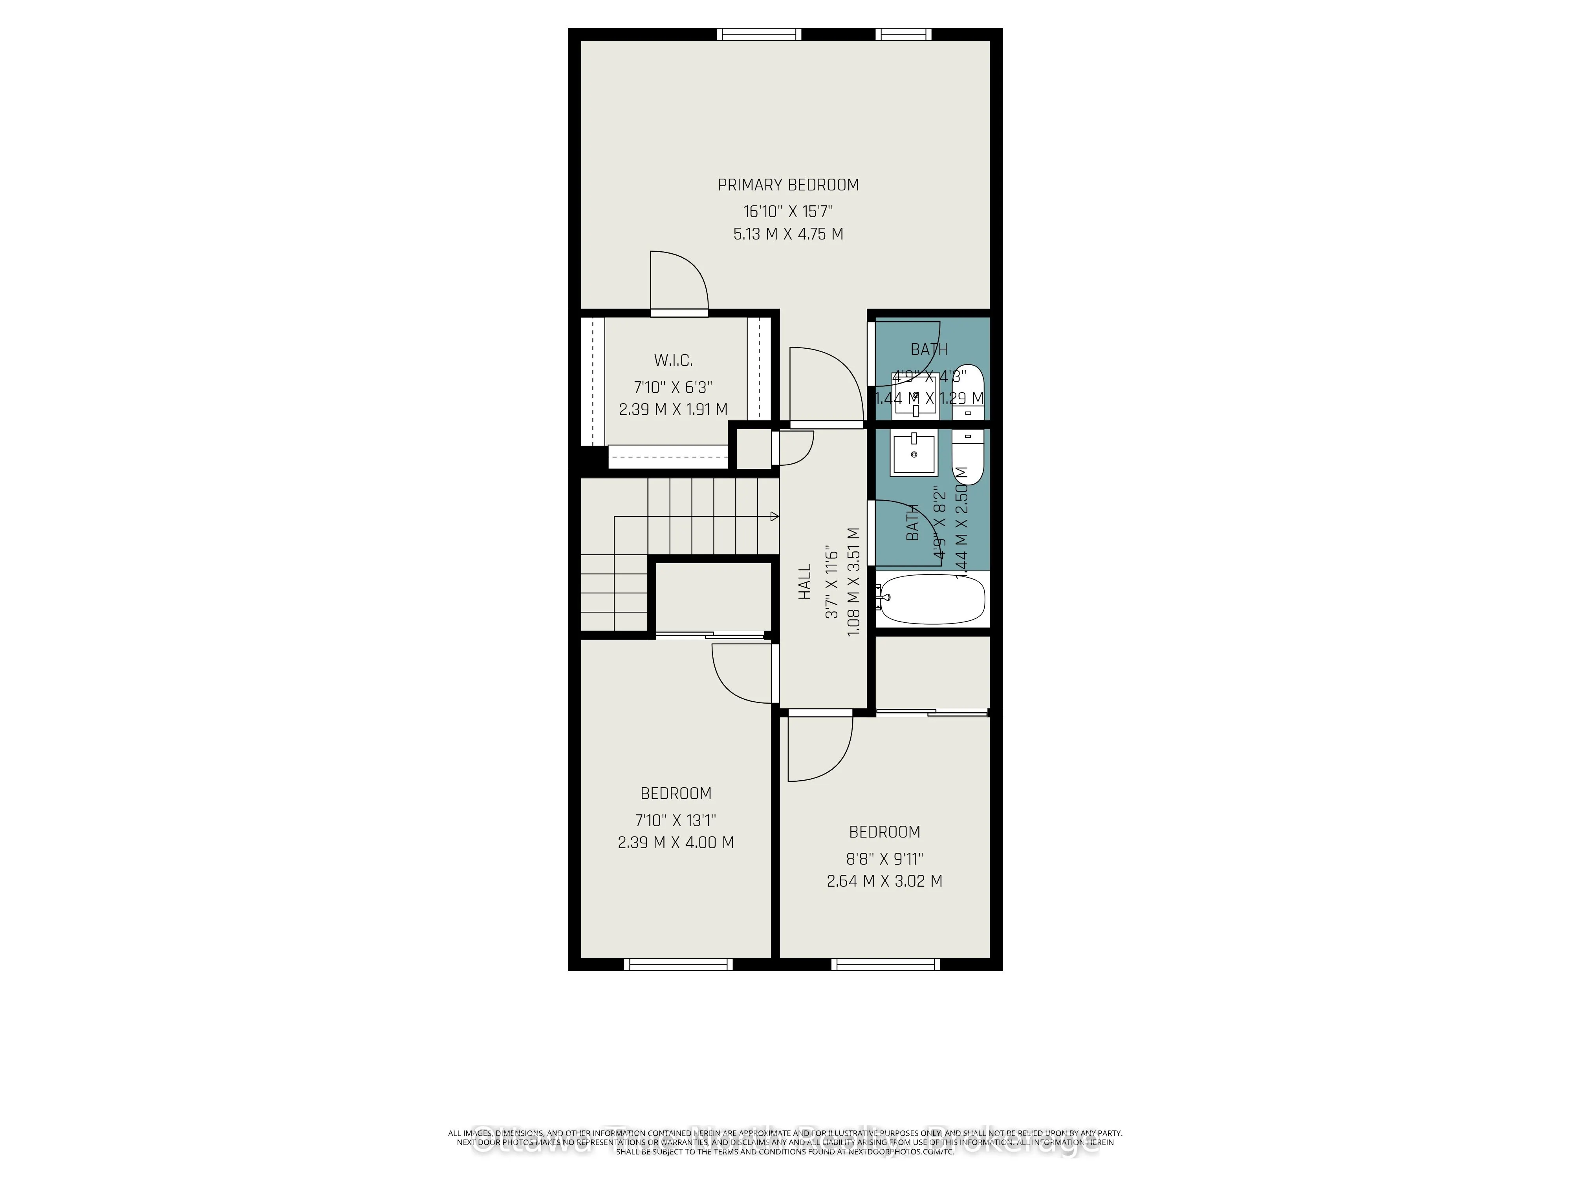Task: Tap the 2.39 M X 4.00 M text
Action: (676, 843)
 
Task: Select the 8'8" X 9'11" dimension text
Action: (884, 859)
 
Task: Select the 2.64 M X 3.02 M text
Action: (884, 881)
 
